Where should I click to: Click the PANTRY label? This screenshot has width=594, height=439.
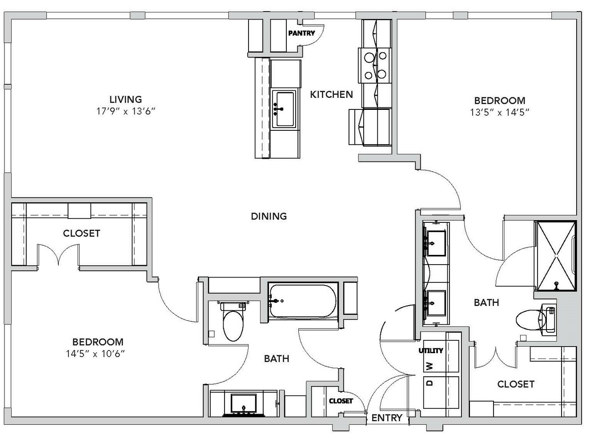pyautogui.click(x=301, y=33)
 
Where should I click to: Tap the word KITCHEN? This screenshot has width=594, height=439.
pyautogui.click(x=331, y=94)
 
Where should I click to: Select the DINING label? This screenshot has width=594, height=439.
pyautogui.click(x=269, y=216)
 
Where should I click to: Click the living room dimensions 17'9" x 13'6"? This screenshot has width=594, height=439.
pyautogui.click(x=126, y=111)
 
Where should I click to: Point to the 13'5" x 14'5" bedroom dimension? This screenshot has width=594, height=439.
pyautogui.click(x=500, y=112)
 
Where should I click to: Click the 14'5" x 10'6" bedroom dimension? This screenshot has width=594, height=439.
pyautogui.click(x=96, y=354)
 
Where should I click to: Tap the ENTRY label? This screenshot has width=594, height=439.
pyautogui.click(x=387, y=418)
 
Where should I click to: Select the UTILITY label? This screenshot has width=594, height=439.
pyautogui.click(x=431, y=350)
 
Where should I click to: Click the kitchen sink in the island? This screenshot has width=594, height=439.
pyautogui.click(x=284, y=109)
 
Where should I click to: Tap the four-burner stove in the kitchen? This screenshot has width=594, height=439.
pyautogui.click(x=375, y=65)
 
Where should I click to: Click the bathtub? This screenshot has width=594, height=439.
pyautogui.click(x=303, y=301)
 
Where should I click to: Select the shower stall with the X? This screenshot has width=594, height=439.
pyautogui.click(x=556, y=256)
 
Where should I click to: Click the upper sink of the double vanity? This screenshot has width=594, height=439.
pyautogui.click(x=435, y=243)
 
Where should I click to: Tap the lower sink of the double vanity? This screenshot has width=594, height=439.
pyautogui.click(x=435, y=303)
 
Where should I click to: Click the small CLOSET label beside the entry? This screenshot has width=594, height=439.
pyautogui.click(x=341, y=401)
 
